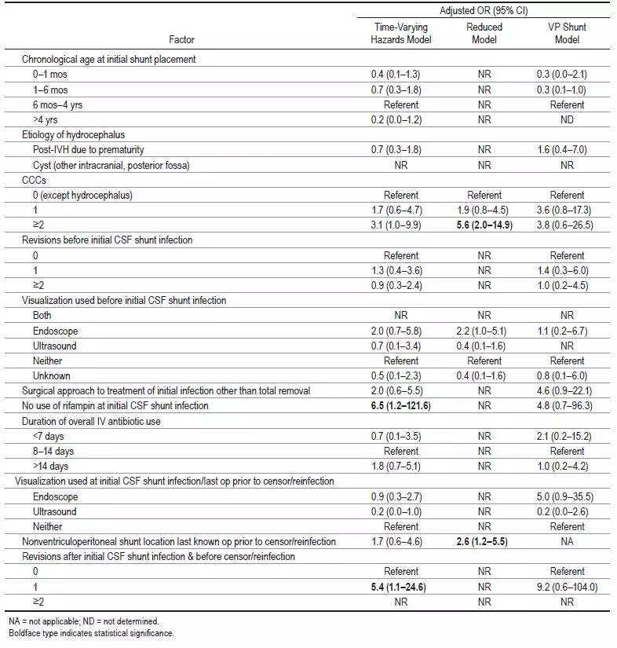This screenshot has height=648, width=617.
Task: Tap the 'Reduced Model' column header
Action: pos(484,32)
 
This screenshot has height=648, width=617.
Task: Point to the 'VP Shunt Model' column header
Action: pos(567,32)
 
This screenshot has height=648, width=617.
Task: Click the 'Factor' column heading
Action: pos(181,39)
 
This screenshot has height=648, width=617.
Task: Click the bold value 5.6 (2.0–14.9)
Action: pos(484,224)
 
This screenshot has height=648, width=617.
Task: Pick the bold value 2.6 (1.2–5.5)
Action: pos(484,541)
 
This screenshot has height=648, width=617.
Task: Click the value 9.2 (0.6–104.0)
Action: pos(567,587)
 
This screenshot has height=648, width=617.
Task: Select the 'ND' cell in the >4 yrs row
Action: pos(567,119)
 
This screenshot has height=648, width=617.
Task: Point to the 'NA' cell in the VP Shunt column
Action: pos(567,541)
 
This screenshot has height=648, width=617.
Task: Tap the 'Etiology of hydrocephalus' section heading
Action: pos(73,134)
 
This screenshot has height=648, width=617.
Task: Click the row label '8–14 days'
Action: pos(57,451)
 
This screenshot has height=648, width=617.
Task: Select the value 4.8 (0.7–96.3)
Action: pos(567,405)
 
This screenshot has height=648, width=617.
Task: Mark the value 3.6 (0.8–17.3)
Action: pos(567,210)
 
